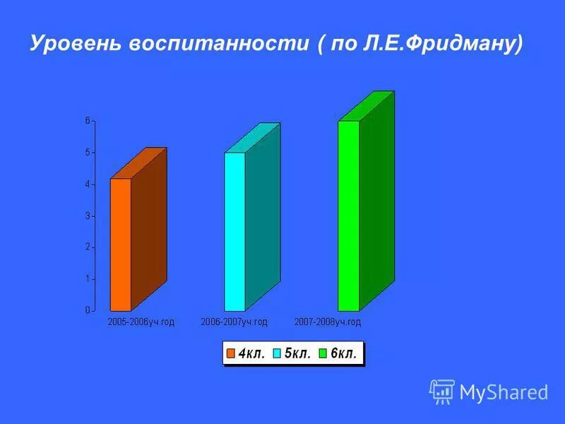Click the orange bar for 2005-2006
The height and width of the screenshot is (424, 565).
click(x=121, y=245)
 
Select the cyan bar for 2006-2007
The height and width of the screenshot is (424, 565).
click(x=234, y=232)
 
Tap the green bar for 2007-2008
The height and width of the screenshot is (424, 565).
click(x=348, y=216)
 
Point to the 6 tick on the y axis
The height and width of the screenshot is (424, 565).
click(x=88, y=121)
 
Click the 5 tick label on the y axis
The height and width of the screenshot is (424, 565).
click(x=88, y=153)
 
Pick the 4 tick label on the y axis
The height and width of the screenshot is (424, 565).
click(x=88, y=184)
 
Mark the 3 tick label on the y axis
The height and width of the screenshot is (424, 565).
click(x=88, y=216)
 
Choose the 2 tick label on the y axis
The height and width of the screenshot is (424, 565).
click(x=88, y=247)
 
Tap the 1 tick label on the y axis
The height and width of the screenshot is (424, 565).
click(x=88, y=279)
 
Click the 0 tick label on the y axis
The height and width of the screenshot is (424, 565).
click(x=88, y=310)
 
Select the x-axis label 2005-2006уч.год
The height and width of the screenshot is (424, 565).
click(x=141, y=322)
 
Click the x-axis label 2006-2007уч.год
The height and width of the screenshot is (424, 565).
click(x=234, y=322)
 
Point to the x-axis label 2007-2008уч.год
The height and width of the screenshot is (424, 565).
click(x=328, y=322)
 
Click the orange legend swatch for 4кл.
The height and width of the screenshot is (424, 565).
click(x=231, y=353)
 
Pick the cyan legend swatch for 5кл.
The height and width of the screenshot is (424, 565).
click(x=278, y=353)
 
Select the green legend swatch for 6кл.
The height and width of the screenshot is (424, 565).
click(x=323, y=353)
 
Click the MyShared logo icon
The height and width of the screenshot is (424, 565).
click(x=442, y=391)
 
